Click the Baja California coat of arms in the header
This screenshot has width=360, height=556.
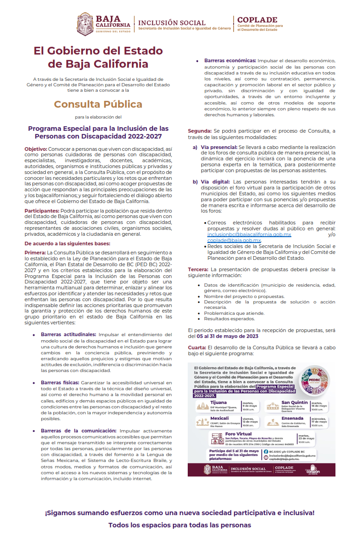(x=85, y=24)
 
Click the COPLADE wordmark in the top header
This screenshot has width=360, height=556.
(x=257, y=20)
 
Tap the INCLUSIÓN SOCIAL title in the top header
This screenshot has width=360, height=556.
(x=172, y=23)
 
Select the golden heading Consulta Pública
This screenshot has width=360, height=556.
(x=98, y=104)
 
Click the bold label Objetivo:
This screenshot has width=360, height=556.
(x=35, y=149)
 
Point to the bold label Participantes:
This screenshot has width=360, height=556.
(x=42, y=211)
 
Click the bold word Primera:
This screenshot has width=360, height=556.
(x=35, y=252)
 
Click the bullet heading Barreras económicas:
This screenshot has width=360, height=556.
(x=230, y=60)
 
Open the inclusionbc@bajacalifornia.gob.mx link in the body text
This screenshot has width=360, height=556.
(x=249, y=234)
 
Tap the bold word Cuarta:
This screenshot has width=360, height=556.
(x=197, y=347)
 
